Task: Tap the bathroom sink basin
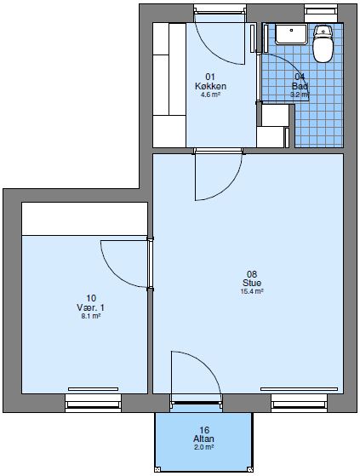[292, 34]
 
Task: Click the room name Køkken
[210, 86]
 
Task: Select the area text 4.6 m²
[210, 95]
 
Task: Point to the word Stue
[252, 283]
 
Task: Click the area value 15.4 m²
[252, 291]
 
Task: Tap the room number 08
[252, 273]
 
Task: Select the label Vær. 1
[90, 307]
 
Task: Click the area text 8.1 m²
[90, 316]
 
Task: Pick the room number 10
[90, 298]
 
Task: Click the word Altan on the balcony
[204, 439]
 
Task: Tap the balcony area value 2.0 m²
[204, 447]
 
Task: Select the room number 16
[204, 430]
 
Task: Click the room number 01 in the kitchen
[210, 77]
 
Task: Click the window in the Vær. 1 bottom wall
[93, 397]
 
